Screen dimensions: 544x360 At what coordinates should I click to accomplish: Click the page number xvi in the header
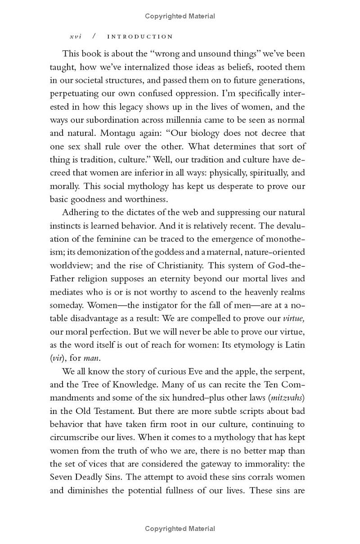pos(76,36)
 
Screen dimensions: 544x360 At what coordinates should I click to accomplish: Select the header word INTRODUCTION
pos(140,36)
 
